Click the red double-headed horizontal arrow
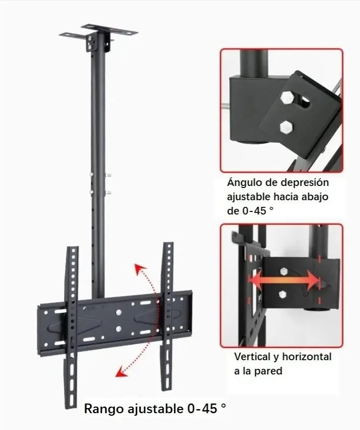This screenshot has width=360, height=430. point(285,280)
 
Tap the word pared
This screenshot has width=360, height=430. point(269,371)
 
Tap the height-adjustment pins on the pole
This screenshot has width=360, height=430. point(108,184)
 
